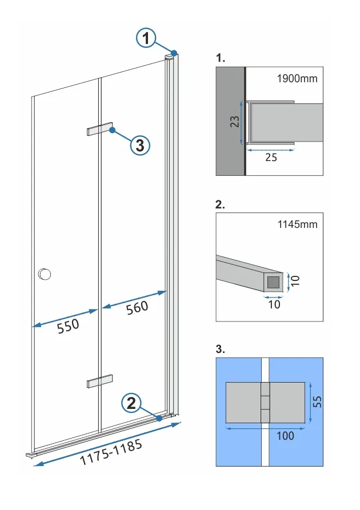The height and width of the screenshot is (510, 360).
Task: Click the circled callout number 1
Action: tap(147, 39)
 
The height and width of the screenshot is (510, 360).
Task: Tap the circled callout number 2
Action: tap(131, 404)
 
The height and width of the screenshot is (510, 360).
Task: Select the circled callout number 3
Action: tap(140, 145)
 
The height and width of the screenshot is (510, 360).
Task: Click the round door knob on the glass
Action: tap(44, 275)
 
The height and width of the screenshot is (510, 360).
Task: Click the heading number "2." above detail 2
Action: tap(221, 204)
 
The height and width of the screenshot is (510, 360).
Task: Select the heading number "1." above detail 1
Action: tap(221, 58)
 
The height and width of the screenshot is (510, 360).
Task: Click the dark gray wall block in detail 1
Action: tap(230, 121)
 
